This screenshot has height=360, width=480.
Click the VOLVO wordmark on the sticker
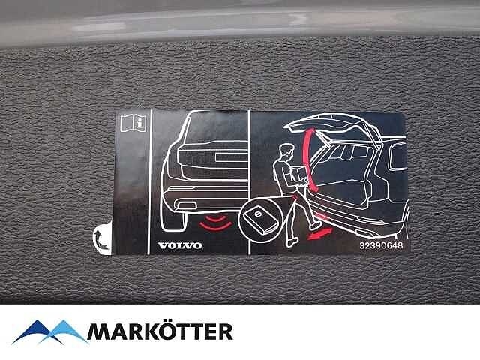180,245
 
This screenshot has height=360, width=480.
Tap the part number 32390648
381,245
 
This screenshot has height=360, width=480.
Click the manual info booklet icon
133,123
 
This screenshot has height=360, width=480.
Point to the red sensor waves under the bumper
216,223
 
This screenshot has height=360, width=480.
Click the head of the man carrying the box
286,151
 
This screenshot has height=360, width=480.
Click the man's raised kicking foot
315,226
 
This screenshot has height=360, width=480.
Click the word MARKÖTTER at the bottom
160,331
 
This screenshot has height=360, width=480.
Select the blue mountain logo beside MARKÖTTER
50,332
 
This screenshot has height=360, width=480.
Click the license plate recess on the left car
232,157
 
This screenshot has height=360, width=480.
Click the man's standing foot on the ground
292,242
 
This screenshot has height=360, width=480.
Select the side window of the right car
397,157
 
